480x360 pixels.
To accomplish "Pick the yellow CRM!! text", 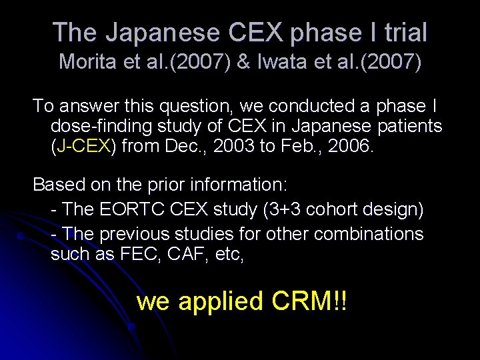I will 309,301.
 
